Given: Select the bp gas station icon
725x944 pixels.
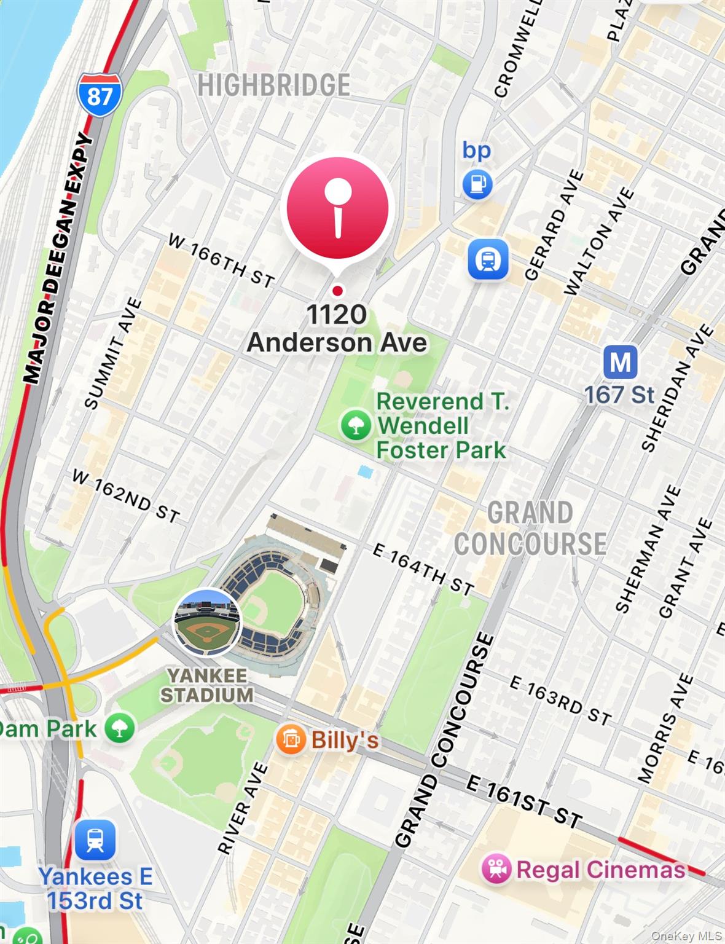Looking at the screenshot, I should (477, 184).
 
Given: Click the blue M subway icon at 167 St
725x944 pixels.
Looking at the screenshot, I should (620, 362).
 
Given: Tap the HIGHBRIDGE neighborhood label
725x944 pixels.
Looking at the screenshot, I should (273, 85).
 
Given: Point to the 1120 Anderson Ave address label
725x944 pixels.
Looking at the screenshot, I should (337, 329).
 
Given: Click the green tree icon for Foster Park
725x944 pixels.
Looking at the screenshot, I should (356, 425).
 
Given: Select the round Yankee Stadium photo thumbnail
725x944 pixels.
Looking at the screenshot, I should (207, 622).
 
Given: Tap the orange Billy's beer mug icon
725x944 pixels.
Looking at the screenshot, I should (290, 739).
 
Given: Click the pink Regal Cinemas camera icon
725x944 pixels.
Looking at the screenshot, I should (496, 870).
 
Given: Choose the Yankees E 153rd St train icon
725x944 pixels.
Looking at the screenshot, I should (95, 840).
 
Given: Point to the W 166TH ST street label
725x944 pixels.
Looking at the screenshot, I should (221, 261).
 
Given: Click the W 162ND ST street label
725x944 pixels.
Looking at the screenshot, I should (126, 496).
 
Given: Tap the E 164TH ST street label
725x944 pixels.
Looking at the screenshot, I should (423, 570).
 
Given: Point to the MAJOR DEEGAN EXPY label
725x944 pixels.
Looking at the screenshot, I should (59, 258).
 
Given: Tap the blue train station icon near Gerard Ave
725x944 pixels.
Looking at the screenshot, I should (488, 260).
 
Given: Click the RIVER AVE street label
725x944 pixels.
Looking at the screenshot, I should (243, 808).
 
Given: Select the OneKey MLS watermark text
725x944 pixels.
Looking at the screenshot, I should (686, 936).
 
